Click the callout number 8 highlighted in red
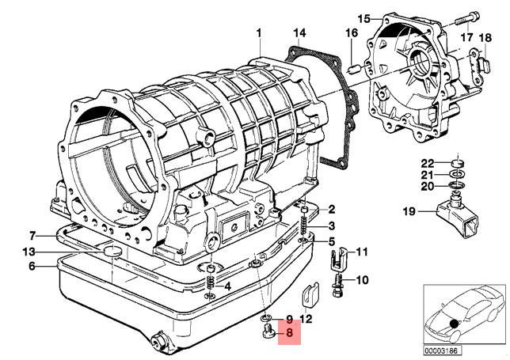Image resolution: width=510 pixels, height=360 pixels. (x=289, y=332)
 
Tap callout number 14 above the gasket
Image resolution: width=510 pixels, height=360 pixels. (x=299, y=33)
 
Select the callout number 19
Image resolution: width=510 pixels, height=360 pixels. (x=409, y=211)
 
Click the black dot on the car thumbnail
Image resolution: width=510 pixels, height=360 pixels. (x=454, y=324)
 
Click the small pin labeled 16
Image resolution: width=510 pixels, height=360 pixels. (x=353, y=69)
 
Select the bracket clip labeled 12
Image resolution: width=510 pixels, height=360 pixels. (x=310, y=295)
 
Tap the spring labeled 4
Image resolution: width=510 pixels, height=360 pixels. (x=211, y=281)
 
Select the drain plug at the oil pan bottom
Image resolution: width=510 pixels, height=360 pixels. (x=158, y=339)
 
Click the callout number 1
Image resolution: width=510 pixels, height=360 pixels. (x=259, y=33)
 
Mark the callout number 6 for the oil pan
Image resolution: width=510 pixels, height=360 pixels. (x=32, y=266)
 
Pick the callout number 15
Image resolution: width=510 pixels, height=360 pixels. (x=364, y=18)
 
